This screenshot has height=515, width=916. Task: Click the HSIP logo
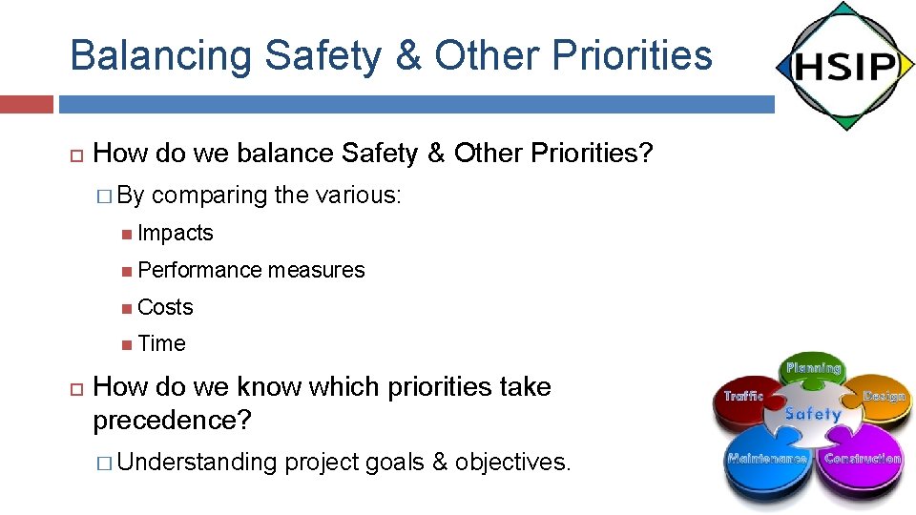[x=843, y=66]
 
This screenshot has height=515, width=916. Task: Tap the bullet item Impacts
[x=175, y=234]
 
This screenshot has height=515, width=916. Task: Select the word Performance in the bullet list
[x=199, y=271]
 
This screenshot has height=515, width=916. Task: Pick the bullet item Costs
[x=165, y=307]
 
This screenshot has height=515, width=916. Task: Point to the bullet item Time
[x=161, y=344]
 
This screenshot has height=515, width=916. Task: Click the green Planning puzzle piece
[x=813, y=371]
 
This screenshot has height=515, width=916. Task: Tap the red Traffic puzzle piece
[x=745, y=402]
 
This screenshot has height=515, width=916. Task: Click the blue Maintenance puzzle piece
[x=765, y=462]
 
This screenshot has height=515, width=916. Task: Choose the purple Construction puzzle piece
[x=860, y=462]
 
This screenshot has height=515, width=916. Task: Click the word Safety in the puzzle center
[x=812, y=414]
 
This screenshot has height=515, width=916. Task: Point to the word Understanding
[x=198, y=463]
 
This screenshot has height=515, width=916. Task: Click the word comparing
[x=209, y=196]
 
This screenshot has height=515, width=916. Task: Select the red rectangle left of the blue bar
[x=26, y=104]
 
